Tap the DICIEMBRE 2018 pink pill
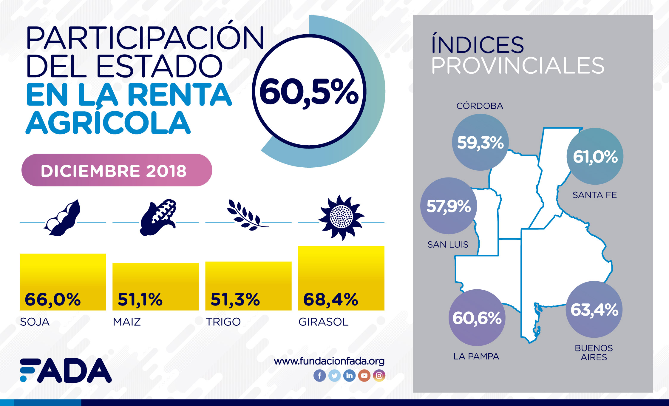click(117, 170)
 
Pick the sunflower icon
click(341, 217)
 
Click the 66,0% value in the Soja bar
click(53, 299)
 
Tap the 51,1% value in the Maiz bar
click(140, 299)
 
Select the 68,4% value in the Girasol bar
click(330, 299)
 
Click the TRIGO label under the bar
click(223, 322)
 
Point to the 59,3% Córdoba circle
click(480, 142)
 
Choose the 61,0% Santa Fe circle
click(595, 156)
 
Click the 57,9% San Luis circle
click(449, 206)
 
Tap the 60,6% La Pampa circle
click(477, 318)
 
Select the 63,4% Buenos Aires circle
click(594, 309)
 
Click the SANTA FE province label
click(595, 195)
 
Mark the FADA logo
click(66, 370)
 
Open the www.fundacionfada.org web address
click(329, 361)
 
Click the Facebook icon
click(319, 376)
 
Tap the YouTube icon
click(364, 376)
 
